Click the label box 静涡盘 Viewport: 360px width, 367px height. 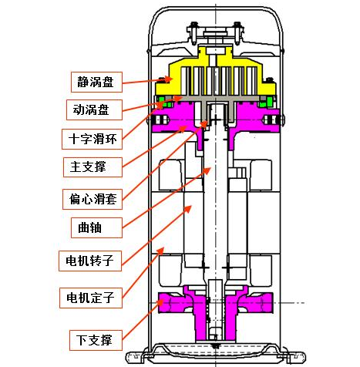coord(96,82)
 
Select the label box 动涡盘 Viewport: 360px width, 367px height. coord(94,110)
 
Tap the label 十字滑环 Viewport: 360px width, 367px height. coord(92,140)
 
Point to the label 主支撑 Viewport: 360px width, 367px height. coord(93,167)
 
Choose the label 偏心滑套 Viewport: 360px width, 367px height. coord(93,199)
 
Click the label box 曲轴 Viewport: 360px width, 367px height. coord(96,227)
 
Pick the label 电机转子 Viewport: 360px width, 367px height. coord(90,261)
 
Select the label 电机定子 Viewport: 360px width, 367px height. coord(91,298)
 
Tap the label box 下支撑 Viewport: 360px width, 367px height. coord(96,340)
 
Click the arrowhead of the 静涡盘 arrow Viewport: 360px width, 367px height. coord(168,79)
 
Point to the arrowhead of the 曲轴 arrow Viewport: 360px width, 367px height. coord(207,170)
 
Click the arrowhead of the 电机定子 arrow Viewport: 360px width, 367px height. coord(160,251)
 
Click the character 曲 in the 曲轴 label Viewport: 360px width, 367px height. coord(84,227)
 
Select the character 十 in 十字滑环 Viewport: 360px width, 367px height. coord(74,140)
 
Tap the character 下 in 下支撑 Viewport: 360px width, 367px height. coord(82,340)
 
